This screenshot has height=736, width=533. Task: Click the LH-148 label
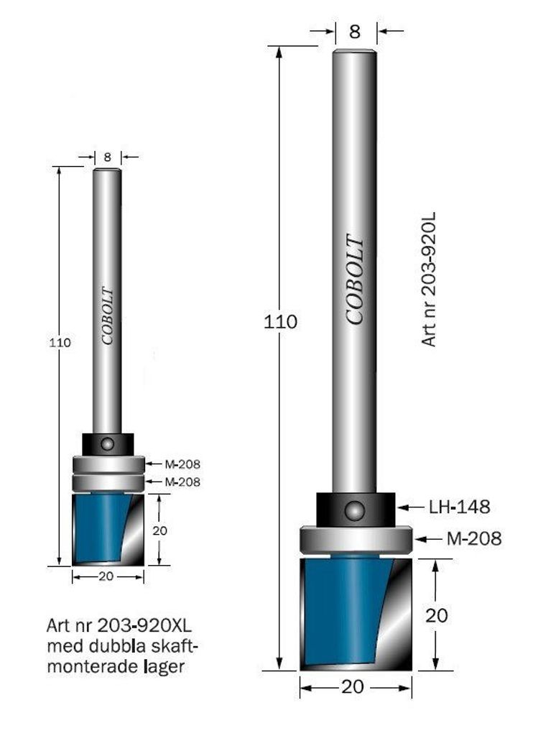(459, 507)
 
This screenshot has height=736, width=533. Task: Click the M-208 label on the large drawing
(474, 538)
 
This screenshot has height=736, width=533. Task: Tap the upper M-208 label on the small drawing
(182, 464)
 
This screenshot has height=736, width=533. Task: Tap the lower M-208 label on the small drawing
(182, 482)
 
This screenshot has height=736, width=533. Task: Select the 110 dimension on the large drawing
(281, 322)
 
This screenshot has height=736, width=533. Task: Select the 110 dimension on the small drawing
(60, 343)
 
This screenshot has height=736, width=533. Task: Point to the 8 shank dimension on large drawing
(355, 32)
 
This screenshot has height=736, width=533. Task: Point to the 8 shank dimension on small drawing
(108, 157)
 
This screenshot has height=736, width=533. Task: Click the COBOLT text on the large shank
(355, 280)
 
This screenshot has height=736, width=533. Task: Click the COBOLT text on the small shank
(108, 316)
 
